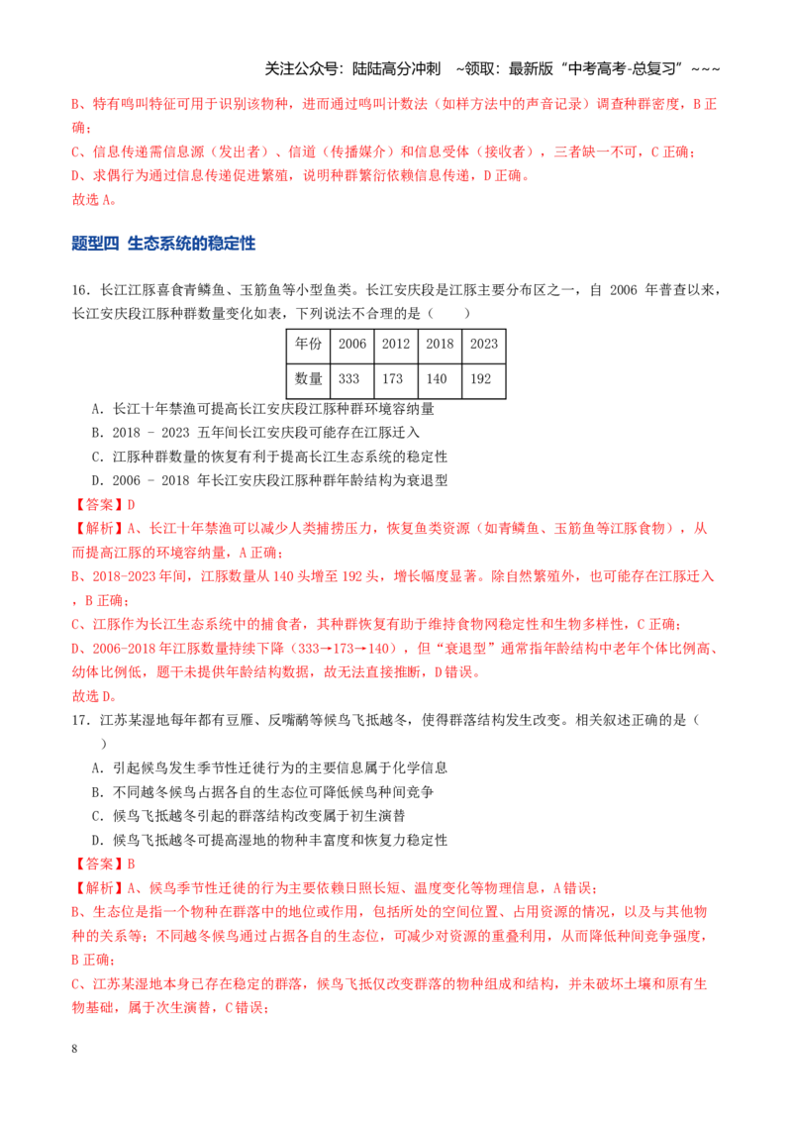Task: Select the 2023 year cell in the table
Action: pos(484,345)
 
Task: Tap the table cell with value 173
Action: pos(395,379)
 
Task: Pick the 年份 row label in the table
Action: pos(308,345)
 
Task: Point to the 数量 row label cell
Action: pos(308,379)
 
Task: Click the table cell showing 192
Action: pos(484,379)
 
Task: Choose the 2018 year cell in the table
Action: pos(440,345)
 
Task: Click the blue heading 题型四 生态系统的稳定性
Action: pos(163,244)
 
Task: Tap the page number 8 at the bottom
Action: pos(74,1048)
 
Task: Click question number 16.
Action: pos(80,289)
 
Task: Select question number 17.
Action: pos(80,720)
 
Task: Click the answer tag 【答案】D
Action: pos(104,505)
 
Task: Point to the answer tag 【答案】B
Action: pos(104,864)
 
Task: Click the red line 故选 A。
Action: pos(94,199)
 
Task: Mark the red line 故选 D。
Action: pos(94,695)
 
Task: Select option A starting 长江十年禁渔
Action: pos(263,409)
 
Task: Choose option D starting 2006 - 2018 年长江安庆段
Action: pos(269,480)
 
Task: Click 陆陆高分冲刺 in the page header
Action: pos(397,68)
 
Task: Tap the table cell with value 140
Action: pos(440,379)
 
